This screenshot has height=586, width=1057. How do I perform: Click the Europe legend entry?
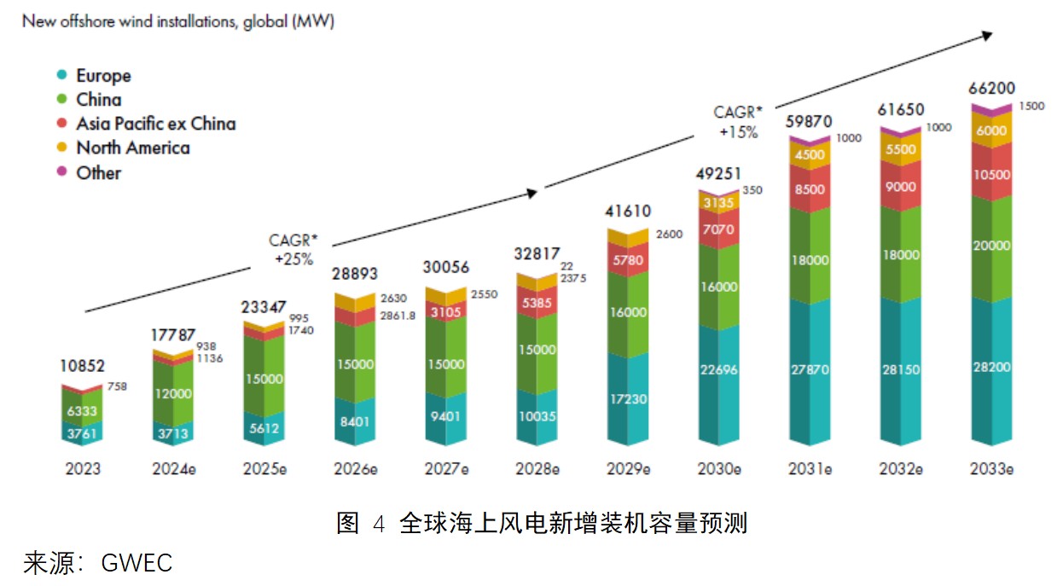[x=103, y=76]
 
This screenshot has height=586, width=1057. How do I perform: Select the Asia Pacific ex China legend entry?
[x=155, y=124]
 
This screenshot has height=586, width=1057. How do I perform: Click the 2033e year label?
[x=991, y=469]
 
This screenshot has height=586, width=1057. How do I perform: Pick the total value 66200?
[x=991, y=89]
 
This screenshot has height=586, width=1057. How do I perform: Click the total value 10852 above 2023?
[x=84, y=366]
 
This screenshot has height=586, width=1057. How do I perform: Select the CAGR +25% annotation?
[x=292, y=250]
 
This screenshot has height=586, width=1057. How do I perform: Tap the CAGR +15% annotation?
[x=737, y=123]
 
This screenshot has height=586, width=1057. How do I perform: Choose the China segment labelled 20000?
[x=992, y=246]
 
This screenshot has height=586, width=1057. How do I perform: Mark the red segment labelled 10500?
[x=992, y=175]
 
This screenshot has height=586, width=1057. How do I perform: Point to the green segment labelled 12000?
[x=174, y=394]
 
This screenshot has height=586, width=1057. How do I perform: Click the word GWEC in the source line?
[x=136, y=564]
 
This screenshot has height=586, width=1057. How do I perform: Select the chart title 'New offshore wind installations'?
[x=178, y=21]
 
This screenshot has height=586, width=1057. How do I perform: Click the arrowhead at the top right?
[x=987, y=34]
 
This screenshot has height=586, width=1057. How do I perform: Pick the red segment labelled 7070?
[x=719, y=229]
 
